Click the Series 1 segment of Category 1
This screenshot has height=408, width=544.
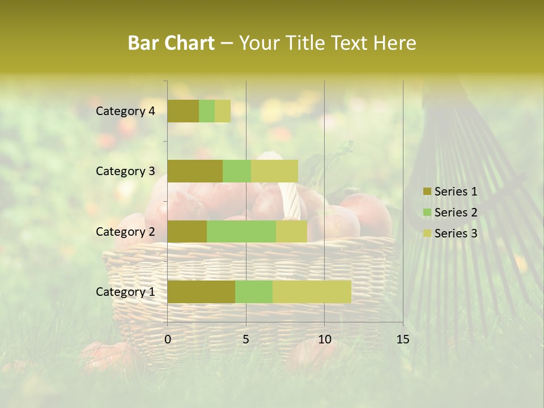click(x=201, y=292)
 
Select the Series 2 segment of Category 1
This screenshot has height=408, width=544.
click(x=254, y=292)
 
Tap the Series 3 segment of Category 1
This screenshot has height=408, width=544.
click(x=312, y=292)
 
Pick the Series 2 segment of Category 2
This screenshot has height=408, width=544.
click(x=241, y=231)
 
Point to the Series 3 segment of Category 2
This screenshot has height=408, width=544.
click(x=291, y=231)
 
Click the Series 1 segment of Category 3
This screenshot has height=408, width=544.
click(x=195, y=171)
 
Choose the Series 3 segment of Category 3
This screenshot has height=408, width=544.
click(x=274, y=171)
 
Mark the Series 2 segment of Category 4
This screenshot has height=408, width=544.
click(x=207, y=111)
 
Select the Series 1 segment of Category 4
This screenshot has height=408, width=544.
click(x=183, y=111)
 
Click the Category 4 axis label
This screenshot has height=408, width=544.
click(x=125, y=111)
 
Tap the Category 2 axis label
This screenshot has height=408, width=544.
click(x=125, y=231)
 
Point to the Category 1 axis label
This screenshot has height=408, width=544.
click(x=125, y=292)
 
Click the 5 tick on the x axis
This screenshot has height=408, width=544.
click(x=246, y=339)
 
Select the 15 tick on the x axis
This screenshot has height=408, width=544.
click(x=402, y=339)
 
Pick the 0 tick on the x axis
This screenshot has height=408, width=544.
click(x=168, y=339)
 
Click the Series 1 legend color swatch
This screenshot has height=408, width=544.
click(x=427, y=192)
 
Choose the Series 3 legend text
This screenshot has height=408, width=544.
click(x=456, y=233)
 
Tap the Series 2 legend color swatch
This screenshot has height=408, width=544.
click(x=427, y=212)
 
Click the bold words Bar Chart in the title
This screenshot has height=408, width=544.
click(x=171, y=43)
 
